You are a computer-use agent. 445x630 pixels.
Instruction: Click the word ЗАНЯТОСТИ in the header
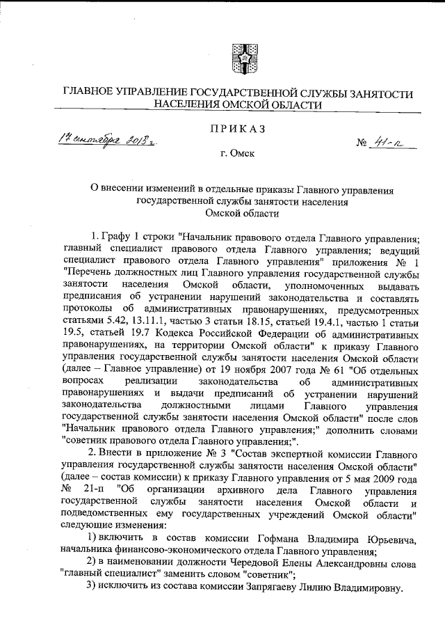[x=373, y=93]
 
